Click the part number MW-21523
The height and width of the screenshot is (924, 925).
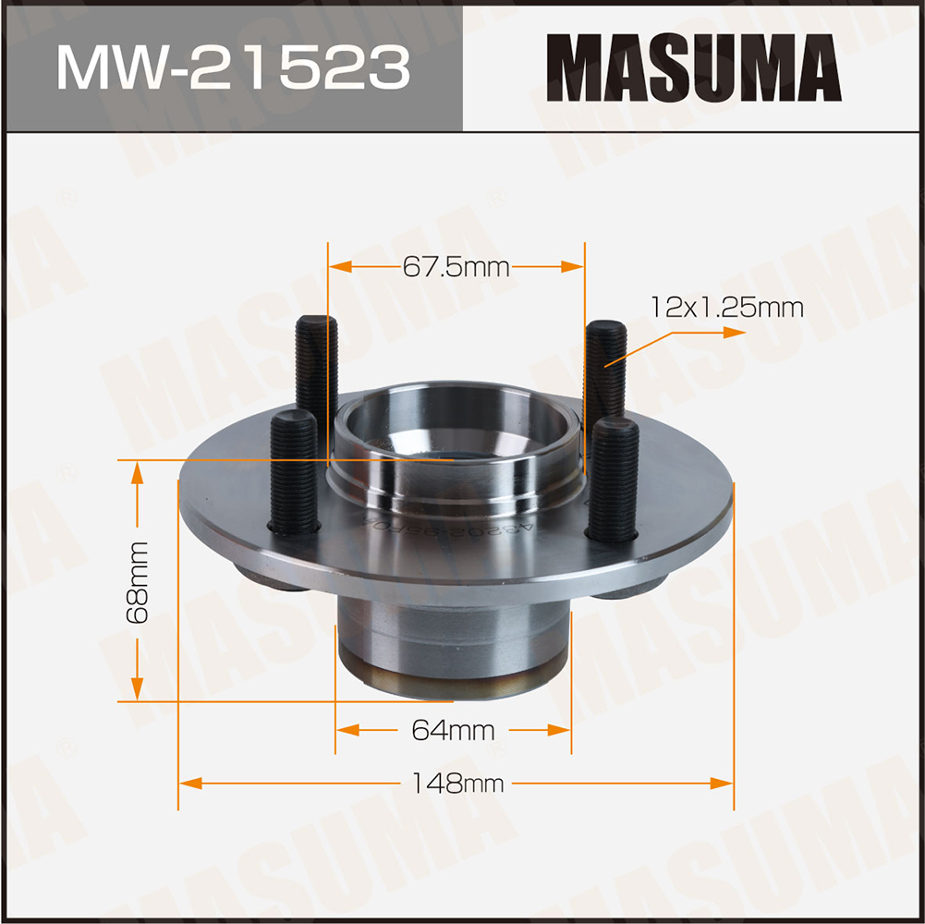tap(232, 67)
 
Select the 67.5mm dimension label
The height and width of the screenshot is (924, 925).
tap(456, 268)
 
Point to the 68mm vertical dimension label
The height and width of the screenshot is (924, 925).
tap(140, 583)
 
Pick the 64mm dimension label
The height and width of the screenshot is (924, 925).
tap(453, 731)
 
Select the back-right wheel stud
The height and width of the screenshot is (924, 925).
tap(606, 370)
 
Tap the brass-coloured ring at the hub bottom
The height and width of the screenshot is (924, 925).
tap(452, 682)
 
